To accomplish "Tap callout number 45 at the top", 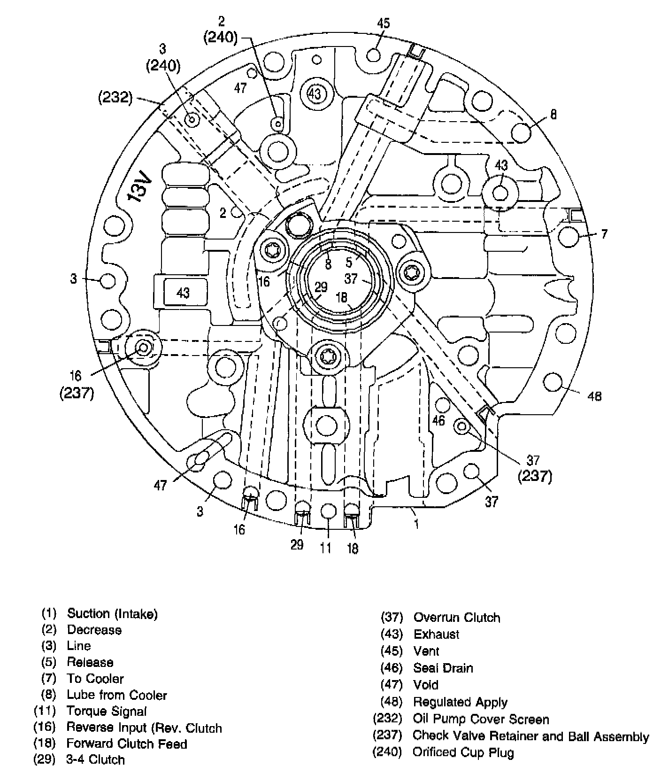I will click(384, 23).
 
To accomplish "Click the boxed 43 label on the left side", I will click(183, 293).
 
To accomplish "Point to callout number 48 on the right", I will click(594, 397).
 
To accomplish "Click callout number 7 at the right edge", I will click(604, 233).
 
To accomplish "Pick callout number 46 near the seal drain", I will click(438, 420).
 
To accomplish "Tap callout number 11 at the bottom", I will click(326, 548).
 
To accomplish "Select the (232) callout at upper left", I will click(115, 98).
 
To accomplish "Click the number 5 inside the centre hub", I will click(349, 262).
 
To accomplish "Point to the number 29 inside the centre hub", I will click(321, 287).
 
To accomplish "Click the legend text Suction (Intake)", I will click(112, 613).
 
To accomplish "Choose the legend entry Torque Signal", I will click(107, 711).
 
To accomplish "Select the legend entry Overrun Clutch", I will click(456, 618).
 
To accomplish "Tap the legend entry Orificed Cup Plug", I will click(463, 752).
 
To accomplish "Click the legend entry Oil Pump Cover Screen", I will click(481, 719).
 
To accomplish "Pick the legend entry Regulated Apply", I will click(460, 702).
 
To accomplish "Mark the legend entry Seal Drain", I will click(443, 668).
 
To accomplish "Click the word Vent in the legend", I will click(426, 651).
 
